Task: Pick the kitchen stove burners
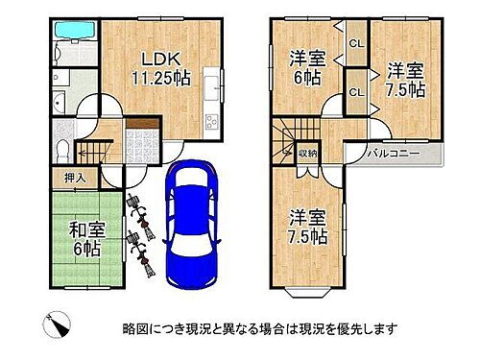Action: pos(212,122)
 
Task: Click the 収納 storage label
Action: pos(307,154)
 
